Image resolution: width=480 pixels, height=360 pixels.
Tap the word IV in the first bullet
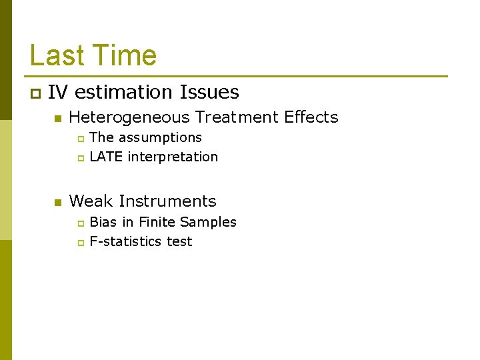pos(57,92)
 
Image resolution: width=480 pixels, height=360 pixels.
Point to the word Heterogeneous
pos(129,117)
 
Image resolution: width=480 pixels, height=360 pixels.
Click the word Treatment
pos(237,117)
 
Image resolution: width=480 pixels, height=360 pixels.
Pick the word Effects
pos(311,117)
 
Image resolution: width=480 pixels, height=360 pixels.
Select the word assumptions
pos(160,138)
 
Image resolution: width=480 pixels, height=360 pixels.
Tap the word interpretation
pos(173,157)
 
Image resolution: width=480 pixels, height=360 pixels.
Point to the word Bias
pos(103,222)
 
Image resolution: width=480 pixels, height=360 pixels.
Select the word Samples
pos(208,223)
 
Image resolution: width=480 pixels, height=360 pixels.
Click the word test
pos(179,241)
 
